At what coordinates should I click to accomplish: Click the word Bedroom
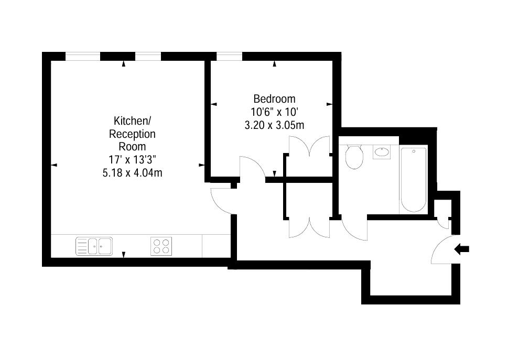[274, 99]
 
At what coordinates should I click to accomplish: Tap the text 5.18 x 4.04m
[132, 172]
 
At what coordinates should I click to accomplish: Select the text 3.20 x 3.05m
[274, 125]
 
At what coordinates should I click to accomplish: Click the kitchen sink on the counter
[94, 246]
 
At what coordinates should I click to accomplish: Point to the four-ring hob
[161, 246]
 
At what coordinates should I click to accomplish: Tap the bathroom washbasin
[382, 152]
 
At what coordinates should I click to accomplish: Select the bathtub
[414, 179]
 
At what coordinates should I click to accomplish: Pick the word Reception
[132, 134]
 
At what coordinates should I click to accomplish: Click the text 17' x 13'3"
[132, 159]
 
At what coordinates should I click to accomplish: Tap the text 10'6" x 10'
[274, 112]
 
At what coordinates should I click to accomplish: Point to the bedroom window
[229, 56]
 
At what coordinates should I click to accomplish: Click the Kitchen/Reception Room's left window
[82, 56]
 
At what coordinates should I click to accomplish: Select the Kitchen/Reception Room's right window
[148, 56]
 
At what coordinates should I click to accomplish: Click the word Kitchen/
[132, 121]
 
